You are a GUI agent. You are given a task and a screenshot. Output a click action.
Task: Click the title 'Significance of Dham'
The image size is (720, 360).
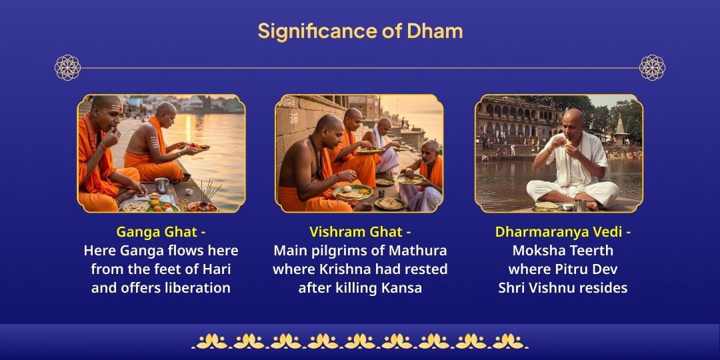click(x=360, y=31)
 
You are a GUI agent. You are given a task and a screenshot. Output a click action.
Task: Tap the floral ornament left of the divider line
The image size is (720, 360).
click(x=67, y=67)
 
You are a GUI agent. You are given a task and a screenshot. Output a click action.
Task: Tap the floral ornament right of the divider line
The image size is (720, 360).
click(x=652, y=67)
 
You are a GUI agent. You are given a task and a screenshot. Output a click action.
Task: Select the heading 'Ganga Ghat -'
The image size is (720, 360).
click(x=161, y=232)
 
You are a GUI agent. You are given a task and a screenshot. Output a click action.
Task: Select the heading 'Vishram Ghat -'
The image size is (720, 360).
click(x=360, y=232)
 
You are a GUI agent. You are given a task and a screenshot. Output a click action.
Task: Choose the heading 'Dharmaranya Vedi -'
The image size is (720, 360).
click(x=563, y=232)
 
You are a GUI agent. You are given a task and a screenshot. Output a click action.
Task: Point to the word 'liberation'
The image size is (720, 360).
click(x=197, y=288)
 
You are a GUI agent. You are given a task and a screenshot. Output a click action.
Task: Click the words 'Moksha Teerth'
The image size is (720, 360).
click(x=563, y=251)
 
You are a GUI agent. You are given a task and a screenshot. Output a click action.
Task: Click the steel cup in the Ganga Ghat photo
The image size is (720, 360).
click(x=161, y=185)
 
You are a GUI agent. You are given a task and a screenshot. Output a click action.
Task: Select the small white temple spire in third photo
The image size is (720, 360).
click(x=620, y=125)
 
